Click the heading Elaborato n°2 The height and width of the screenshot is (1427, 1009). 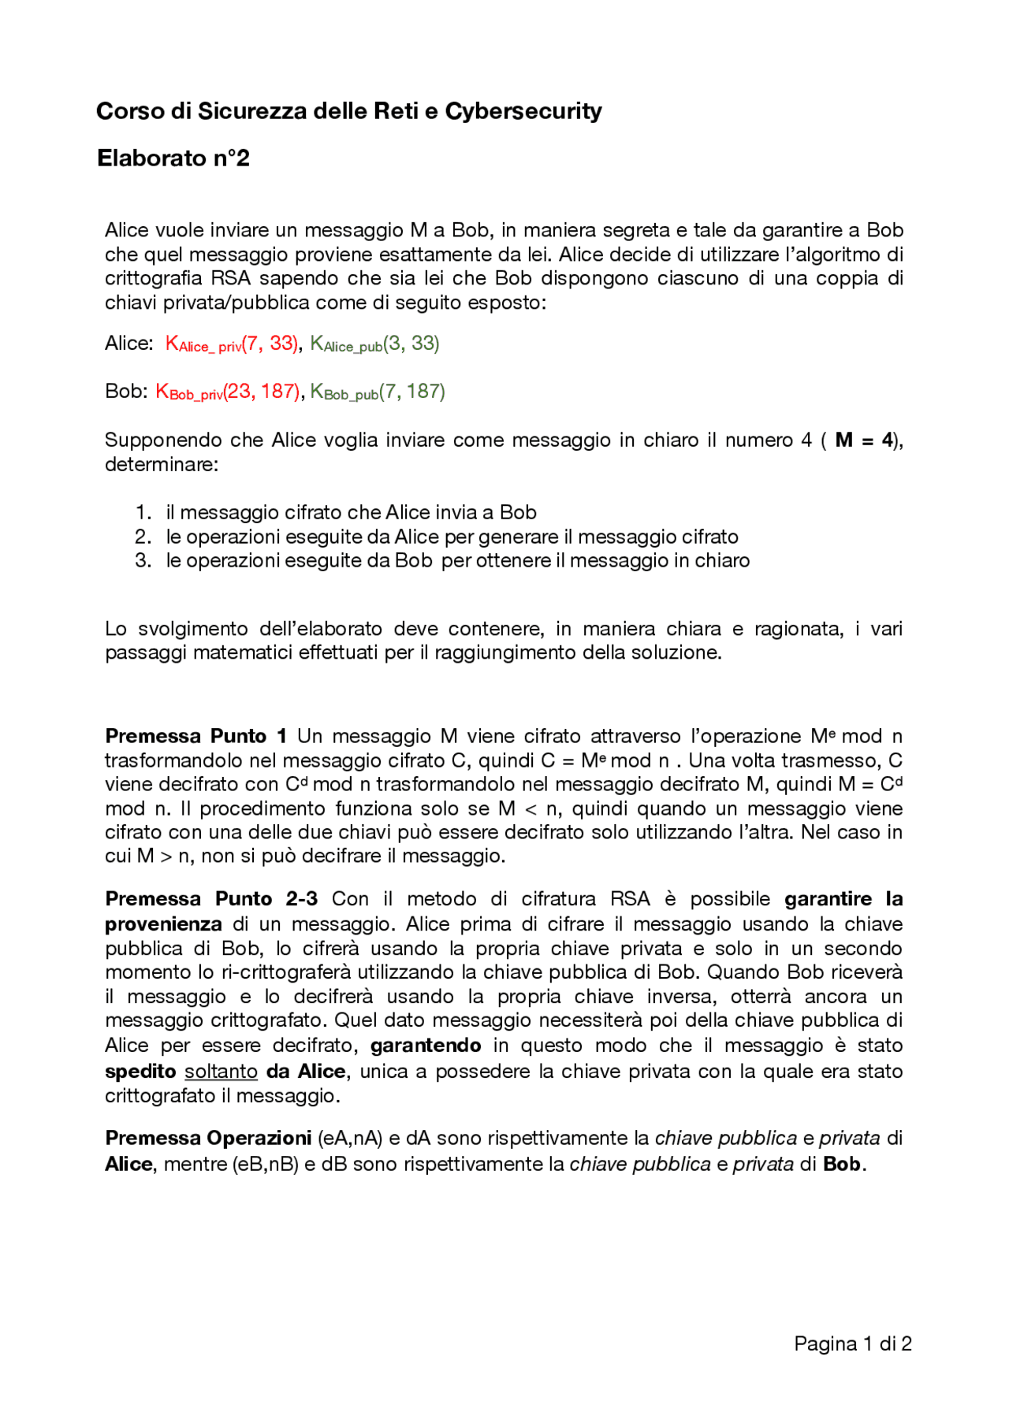(173, 158)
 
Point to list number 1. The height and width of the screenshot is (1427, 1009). (143, 512)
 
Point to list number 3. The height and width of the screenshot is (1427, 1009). (143, 560)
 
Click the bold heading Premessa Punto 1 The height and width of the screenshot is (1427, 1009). (195, 736)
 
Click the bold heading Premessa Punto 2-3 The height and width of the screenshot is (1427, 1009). (211, 899)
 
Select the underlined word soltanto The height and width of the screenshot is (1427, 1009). (221, 1072)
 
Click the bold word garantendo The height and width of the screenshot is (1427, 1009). (426, 1046)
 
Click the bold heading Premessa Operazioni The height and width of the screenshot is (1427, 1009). (208, 1139)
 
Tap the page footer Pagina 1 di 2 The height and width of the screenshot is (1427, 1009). (852, 1343)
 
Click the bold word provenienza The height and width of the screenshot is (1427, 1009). (163, 924)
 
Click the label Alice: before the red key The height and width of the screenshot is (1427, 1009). (128, 344)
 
